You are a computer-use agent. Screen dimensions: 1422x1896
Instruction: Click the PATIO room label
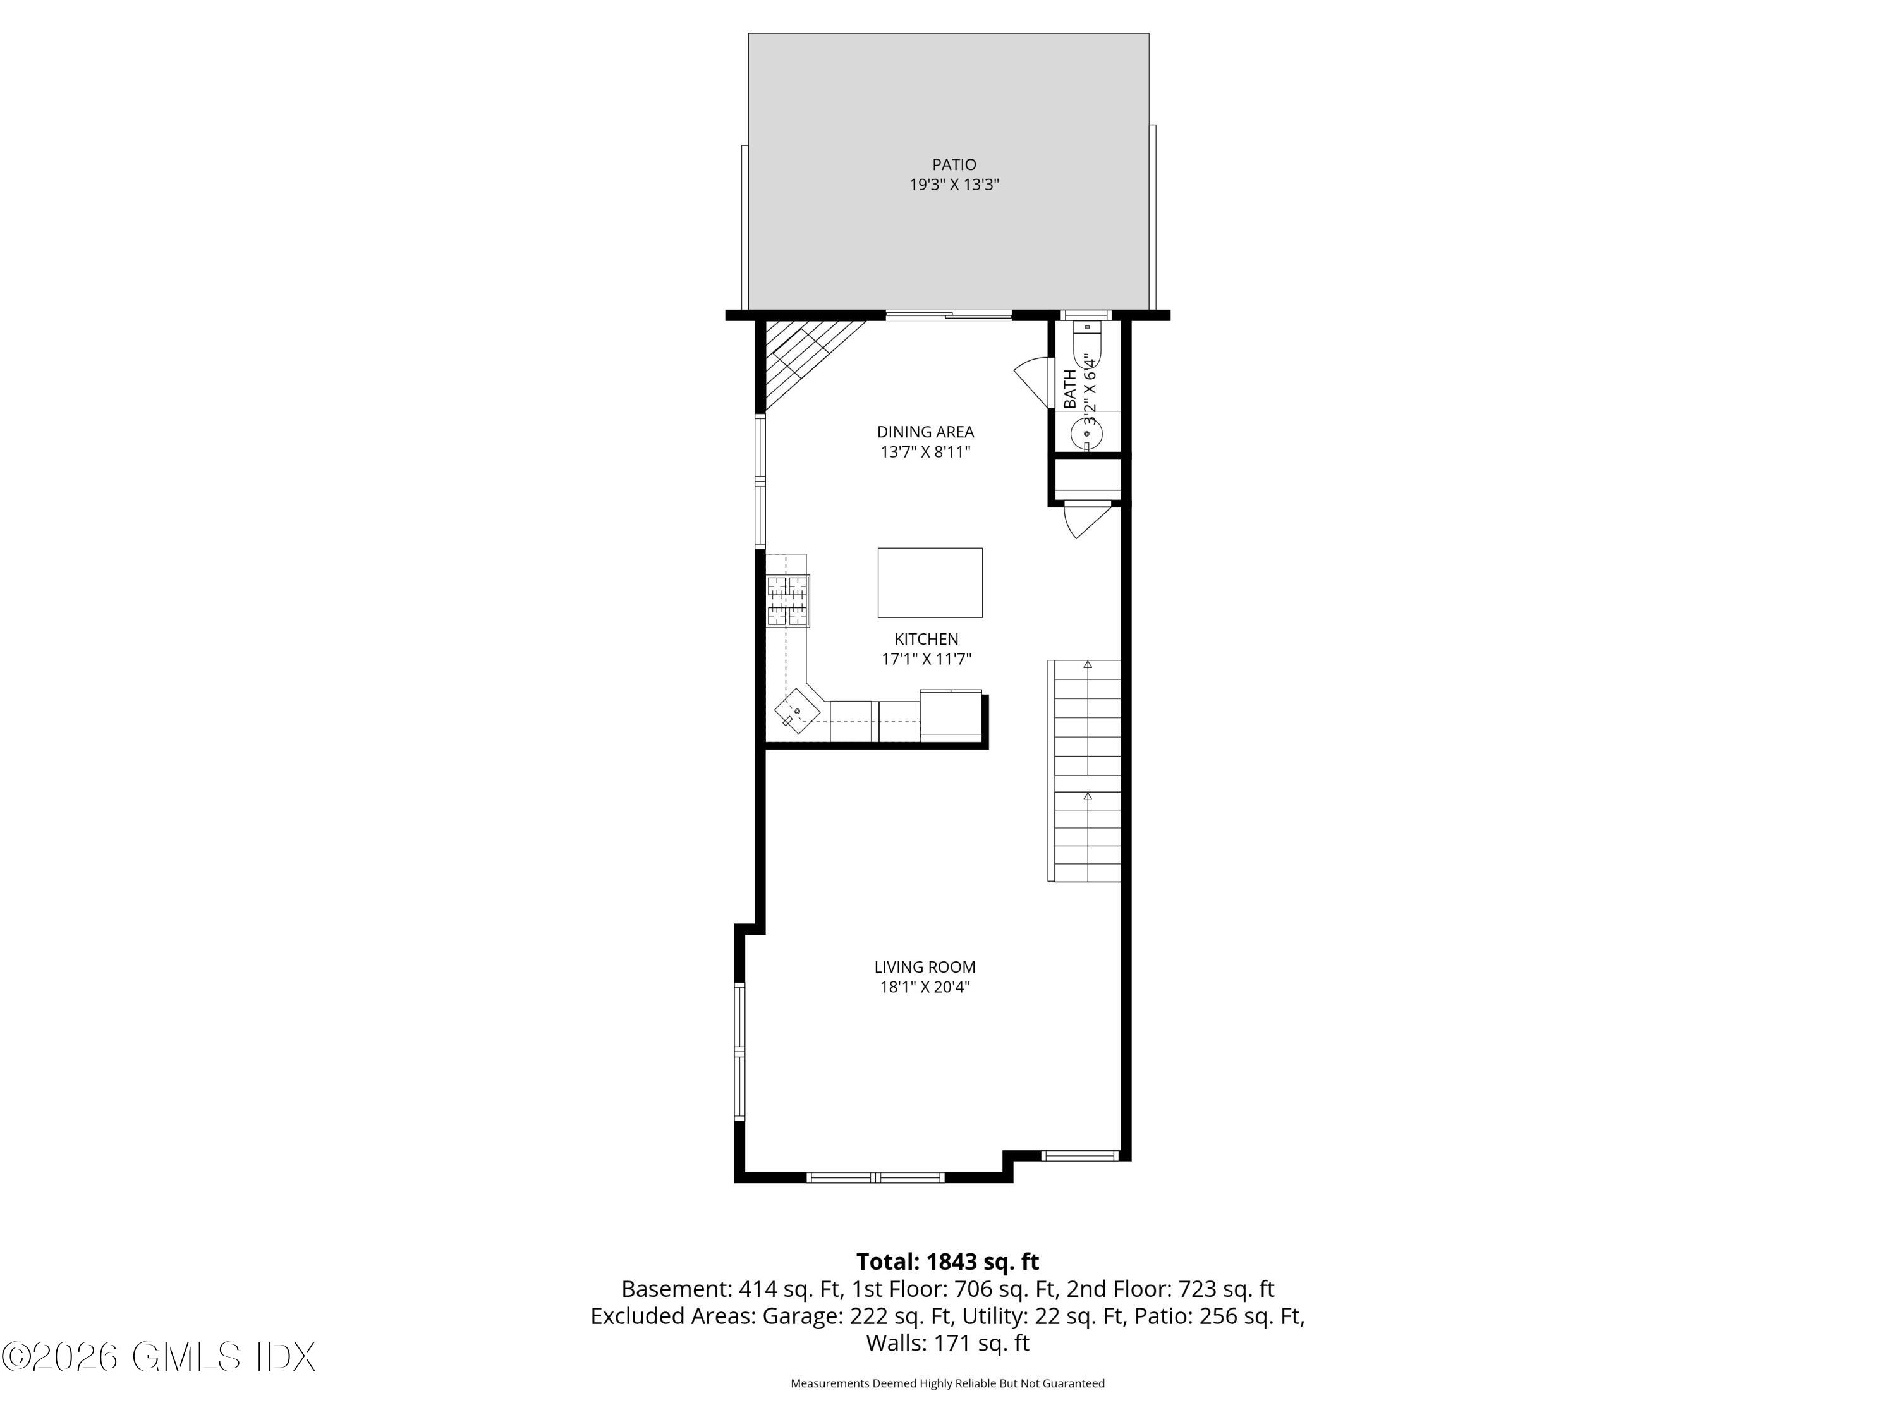tap(954, 164)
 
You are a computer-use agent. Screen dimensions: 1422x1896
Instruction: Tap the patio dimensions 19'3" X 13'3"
tap(954, 185)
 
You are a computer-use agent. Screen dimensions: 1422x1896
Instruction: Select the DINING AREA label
tap(925, 432)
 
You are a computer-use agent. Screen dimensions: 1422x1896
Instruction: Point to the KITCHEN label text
tap(926, 638)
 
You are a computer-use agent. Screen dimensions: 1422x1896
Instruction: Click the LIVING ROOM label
tap(924, 967)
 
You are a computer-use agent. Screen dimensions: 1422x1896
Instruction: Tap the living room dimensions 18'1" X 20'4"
tap(924, 987)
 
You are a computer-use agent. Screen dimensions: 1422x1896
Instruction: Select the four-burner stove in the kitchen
tap(787, 600)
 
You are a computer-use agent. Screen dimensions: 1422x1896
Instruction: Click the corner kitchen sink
tap(797, 710)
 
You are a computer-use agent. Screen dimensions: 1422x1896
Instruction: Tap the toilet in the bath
tap(1086, 347)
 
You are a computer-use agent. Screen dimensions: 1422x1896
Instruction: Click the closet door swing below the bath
tap(1085, 521)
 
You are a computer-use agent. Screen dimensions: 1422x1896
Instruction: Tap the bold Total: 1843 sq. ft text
tap(947, 1261)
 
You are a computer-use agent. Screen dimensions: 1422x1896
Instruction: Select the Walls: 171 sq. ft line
tap(947, 1343)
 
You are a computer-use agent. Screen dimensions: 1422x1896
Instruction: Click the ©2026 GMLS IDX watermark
tap(159, 1357)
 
